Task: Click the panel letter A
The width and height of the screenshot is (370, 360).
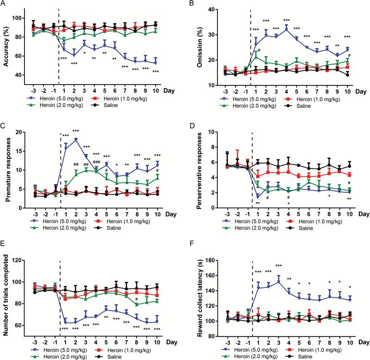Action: click(x=4, y=4)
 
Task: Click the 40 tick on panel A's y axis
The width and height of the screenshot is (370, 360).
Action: click(x=18, y=75)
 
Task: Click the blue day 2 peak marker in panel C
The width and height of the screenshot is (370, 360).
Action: click(x=75, y=139)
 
